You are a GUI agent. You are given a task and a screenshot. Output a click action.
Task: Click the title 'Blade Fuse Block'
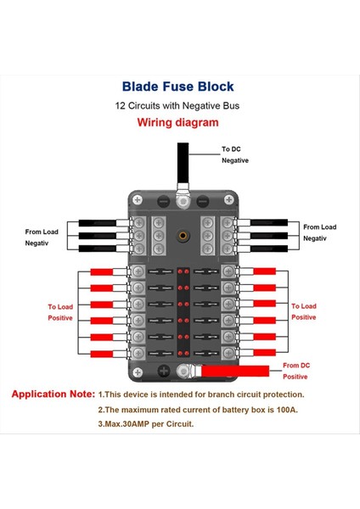(177, 87)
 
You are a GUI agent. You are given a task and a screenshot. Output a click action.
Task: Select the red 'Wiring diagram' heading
(177, 122)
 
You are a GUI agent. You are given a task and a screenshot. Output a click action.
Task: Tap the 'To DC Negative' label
(235, 154)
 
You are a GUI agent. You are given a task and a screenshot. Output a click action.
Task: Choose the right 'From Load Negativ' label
(319, 233)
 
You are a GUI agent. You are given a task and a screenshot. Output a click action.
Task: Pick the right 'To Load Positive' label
(303, 311)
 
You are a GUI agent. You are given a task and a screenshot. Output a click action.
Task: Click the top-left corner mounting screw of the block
(136, 199)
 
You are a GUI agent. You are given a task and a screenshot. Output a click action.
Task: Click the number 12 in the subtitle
(121, 106)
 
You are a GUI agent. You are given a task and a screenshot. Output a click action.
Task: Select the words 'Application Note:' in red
(53, 394)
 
